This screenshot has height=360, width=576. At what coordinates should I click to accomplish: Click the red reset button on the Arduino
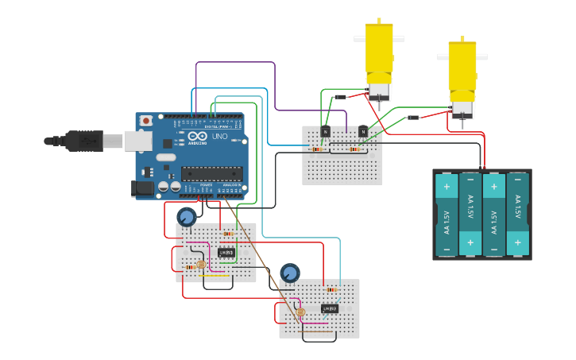(x=145, y=121)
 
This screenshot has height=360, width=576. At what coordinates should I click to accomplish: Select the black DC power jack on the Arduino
(x=141, y=188)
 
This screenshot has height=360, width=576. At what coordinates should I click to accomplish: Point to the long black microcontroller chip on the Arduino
(x=211, y=173)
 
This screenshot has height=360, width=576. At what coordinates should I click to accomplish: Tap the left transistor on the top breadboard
(x=325, y=131)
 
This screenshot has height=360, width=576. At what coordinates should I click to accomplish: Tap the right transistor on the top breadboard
(x=363, y=131)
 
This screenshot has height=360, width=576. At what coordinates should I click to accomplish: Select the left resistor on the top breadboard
(x=318, y=149)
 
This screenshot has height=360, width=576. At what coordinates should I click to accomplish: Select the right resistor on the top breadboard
(x=354, y=149)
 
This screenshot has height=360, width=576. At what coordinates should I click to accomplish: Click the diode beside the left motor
(x=341, y=97)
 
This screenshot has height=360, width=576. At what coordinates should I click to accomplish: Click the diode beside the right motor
(x=413, y=118)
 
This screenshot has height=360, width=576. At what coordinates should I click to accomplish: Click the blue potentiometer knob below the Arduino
(x=187, y=217)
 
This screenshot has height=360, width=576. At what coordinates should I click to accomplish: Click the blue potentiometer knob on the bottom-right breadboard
(x=290, y=273)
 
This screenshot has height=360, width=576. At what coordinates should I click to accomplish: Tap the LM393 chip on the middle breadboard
(x=226, y=254)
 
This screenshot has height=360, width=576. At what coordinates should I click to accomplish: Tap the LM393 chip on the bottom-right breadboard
(x=330, y=308)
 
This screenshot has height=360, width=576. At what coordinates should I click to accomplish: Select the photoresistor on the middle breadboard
(x=201, y=265)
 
